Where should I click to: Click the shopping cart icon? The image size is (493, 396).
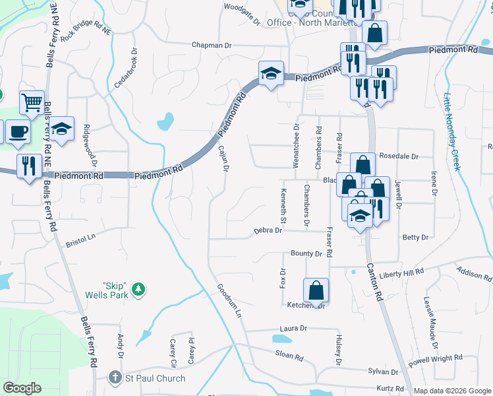[32, 102]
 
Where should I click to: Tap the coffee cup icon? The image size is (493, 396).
[18, 131]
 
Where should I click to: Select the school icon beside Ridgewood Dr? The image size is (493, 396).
[62, 129]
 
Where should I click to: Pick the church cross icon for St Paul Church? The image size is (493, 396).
[115, 378]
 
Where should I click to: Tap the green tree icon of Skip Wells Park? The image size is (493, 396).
[138, 288]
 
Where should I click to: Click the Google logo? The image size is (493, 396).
[22, 388]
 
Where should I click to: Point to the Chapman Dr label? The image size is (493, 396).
[212, 46]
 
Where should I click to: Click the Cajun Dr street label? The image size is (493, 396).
[223, 159]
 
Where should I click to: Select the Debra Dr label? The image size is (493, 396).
[268, 231]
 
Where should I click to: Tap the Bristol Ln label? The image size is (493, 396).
[81, 239]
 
